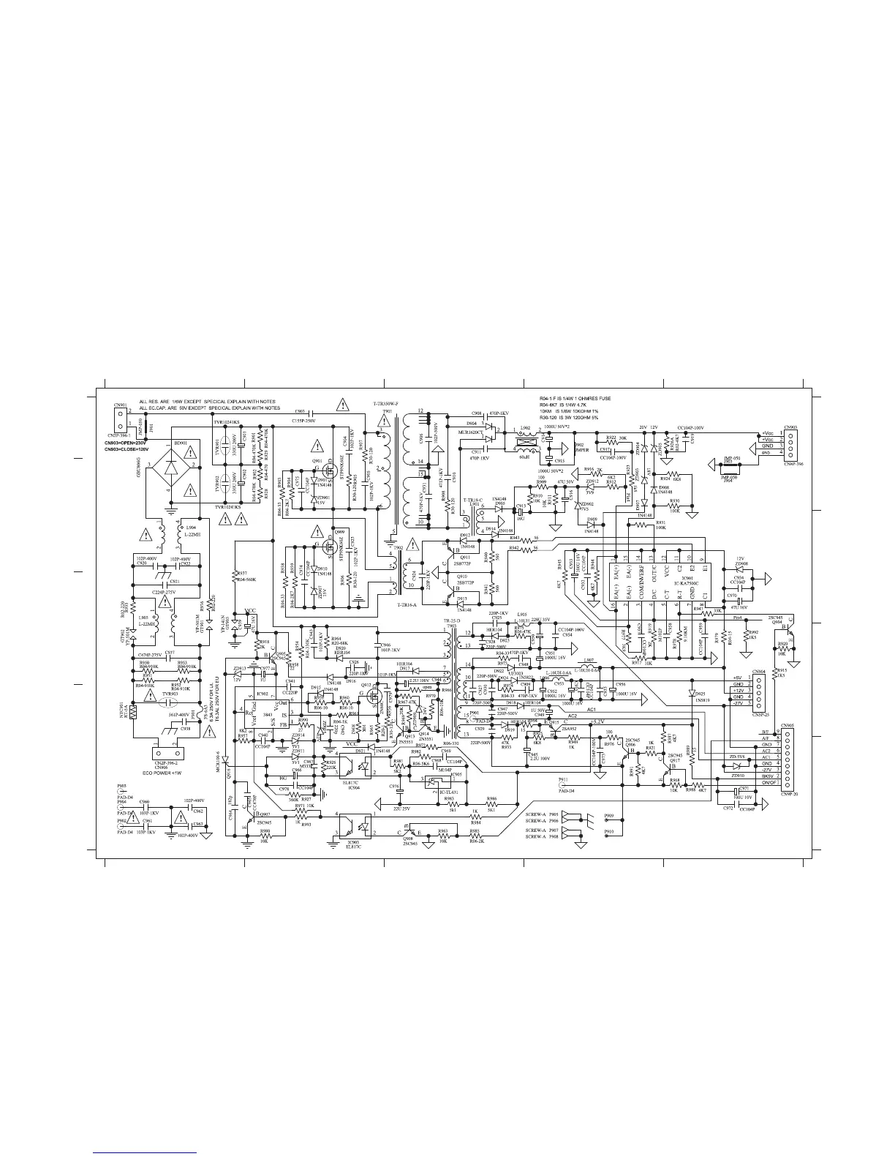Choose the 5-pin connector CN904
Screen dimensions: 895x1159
click(x=759, y=691)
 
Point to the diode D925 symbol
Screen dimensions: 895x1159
click(x=691, y=691)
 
